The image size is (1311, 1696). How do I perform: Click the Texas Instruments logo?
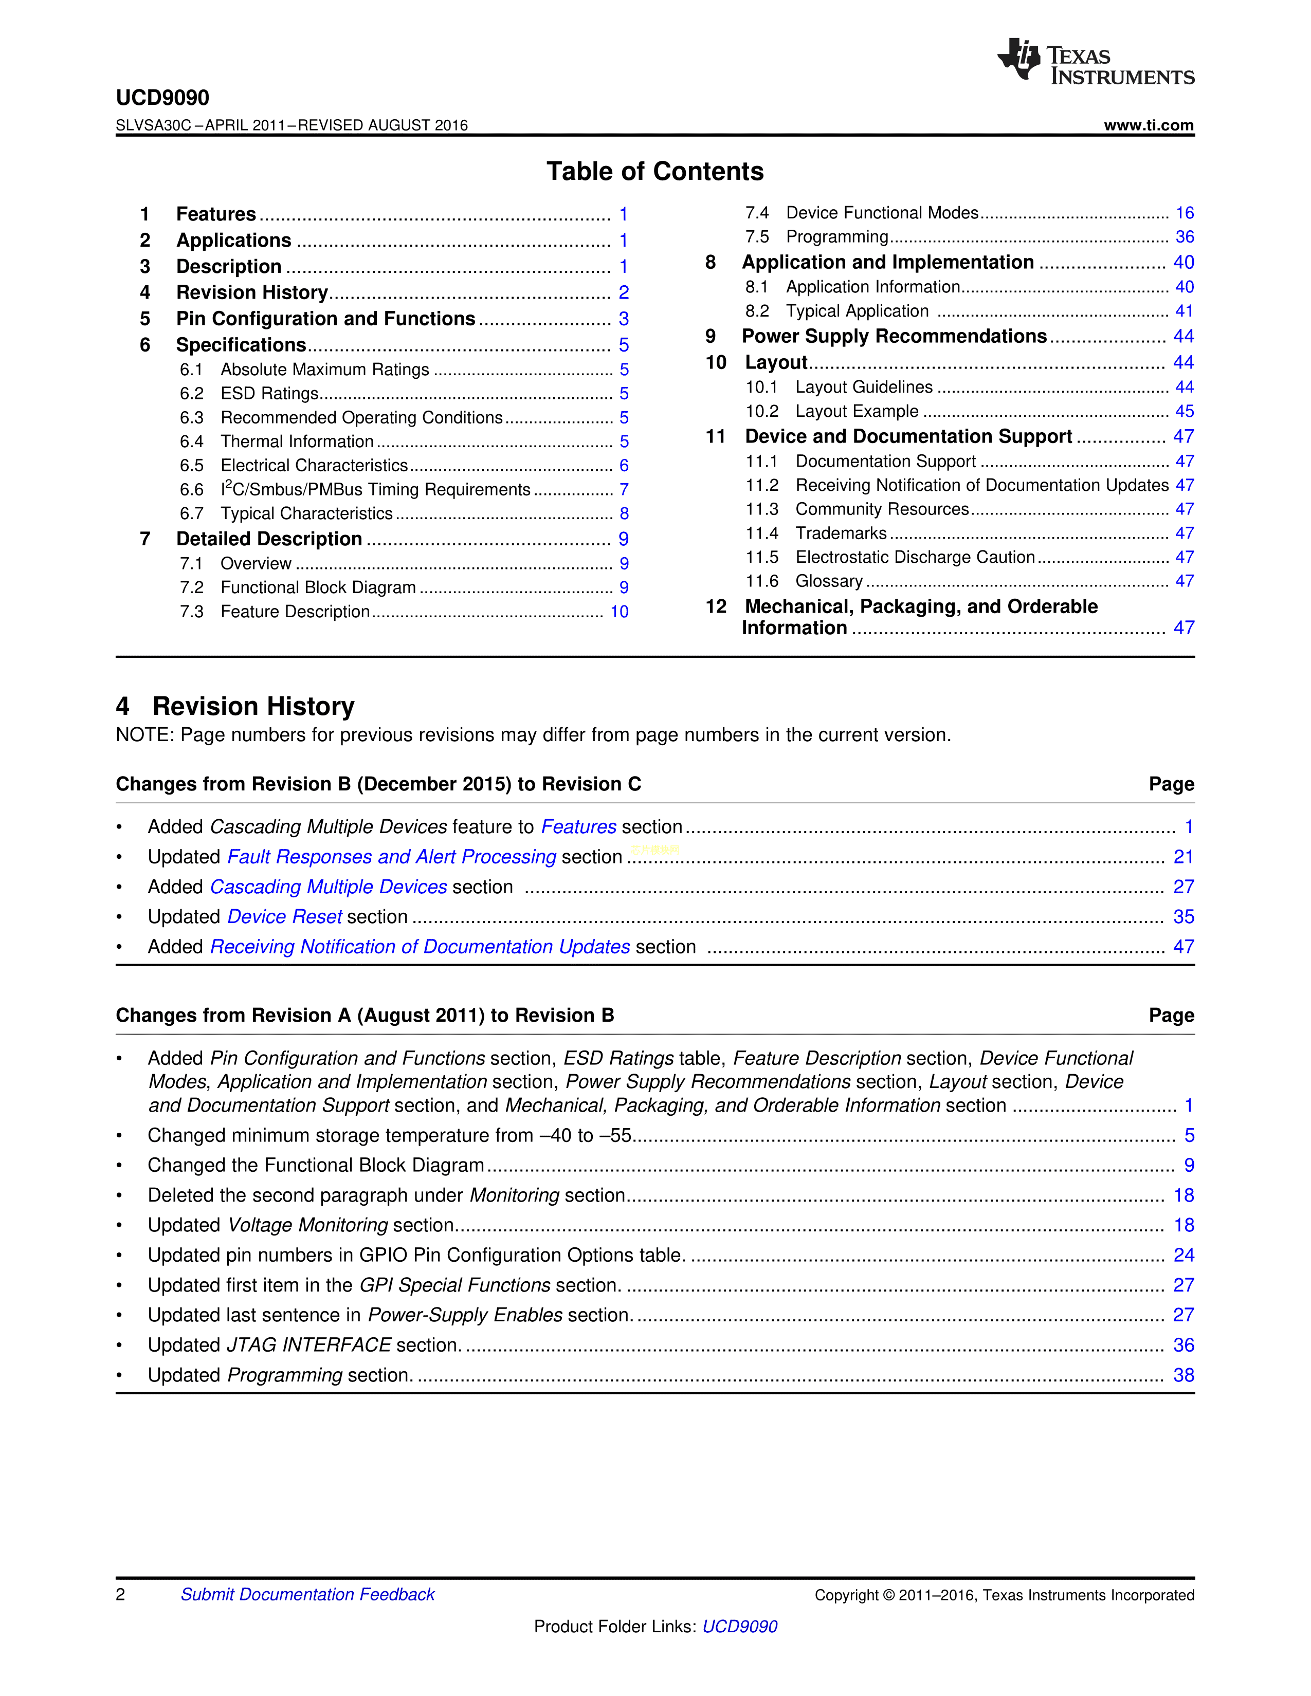[1095, 61]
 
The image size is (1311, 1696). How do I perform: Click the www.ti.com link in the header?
[1148, 125]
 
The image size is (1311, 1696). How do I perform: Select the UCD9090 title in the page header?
[162, 98]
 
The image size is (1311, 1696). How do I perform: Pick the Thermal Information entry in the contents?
[297, 442]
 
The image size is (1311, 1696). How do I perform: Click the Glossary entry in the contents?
[829, 582]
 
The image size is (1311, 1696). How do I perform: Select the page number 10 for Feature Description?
[619, 612]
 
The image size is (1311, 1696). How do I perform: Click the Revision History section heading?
[252, 706]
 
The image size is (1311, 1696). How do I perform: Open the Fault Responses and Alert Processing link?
[391, 857]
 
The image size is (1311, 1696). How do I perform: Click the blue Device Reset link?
[284, 917]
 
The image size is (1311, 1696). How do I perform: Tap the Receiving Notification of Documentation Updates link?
[420, 947]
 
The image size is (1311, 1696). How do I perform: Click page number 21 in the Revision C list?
[1183, 857]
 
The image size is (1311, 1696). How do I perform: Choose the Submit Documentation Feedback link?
[307, 1594]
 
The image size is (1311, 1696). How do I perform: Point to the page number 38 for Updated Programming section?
[1183, 1375]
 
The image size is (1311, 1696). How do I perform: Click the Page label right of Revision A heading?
[1171, 1016]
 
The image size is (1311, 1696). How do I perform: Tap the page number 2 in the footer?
[120, 1594]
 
